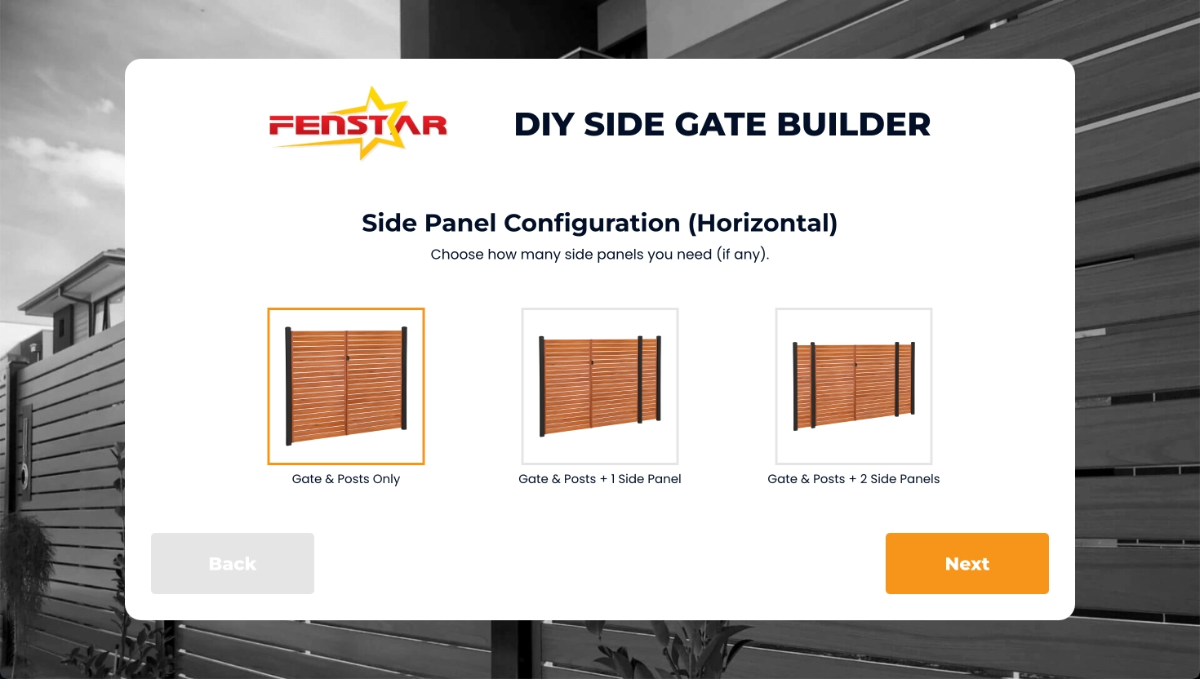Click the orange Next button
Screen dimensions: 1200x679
coord(967,563)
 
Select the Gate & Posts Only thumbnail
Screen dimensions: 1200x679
coord(346,386)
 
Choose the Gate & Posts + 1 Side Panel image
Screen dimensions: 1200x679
coord(600,386)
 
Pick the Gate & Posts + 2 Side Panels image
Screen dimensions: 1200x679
coord(854,386)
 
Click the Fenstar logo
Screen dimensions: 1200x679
coord(358,124)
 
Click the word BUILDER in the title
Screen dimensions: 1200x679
coord(854,124)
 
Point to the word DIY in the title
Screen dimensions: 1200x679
coord(544,124)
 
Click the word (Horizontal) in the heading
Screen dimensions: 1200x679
coord(762,223)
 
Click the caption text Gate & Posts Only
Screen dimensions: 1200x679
coord(346,479)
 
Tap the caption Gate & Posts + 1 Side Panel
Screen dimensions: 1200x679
coord(600,479)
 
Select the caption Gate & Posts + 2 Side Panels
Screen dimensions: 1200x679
coord(854,479)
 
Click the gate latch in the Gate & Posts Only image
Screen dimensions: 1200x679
coord(348,357)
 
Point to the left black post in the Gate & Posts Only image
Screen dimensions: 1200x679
coord(288,385)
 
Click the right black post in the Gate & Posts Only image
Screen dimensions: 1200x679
coord(404,378)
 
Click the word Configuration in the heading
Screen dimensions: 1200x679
coord(592,223)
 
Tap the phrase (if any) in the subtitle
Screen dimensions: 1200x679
coord(743,255)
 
